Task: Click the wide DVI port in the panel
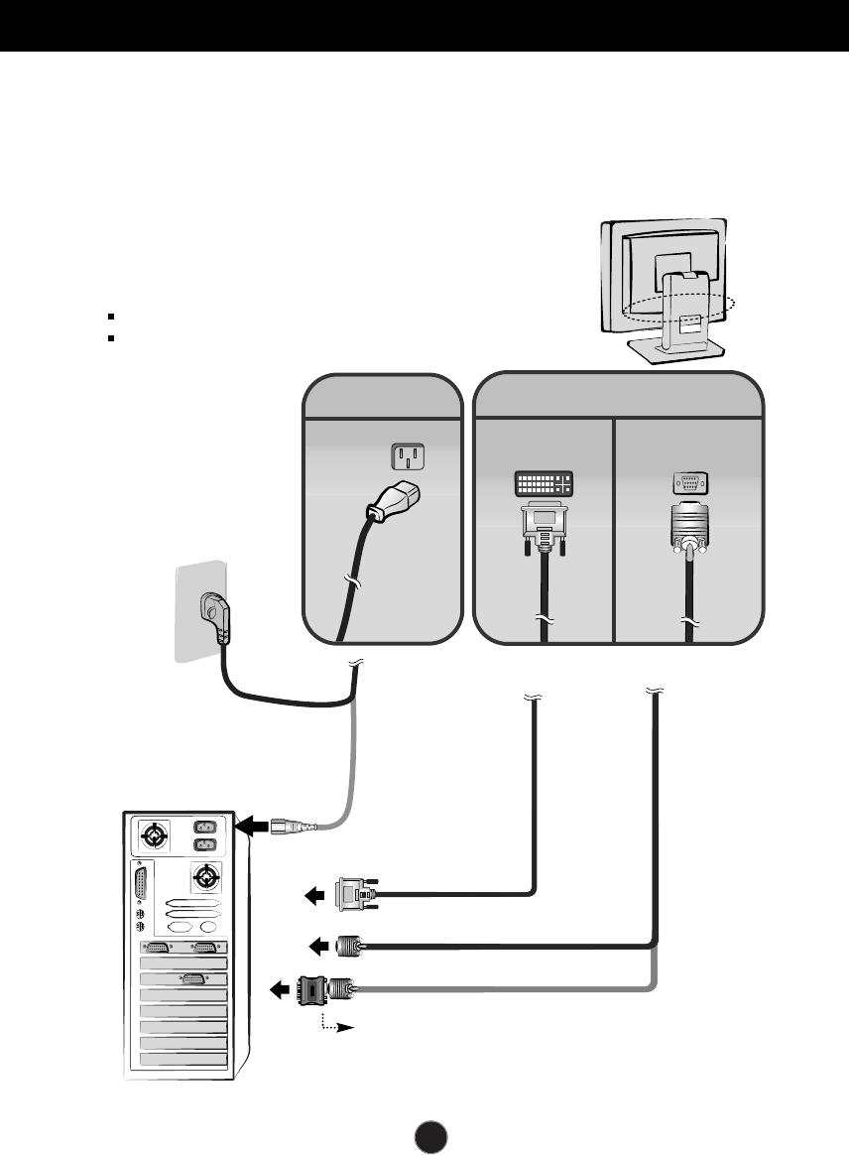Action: pyautogui.click(x=545, y=484)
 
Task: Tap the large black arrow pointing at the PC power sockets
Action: pyautogui.click(x=255, y=826)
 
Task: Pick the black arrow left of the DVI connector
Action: pyautogui.click(x=315, y=896)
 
